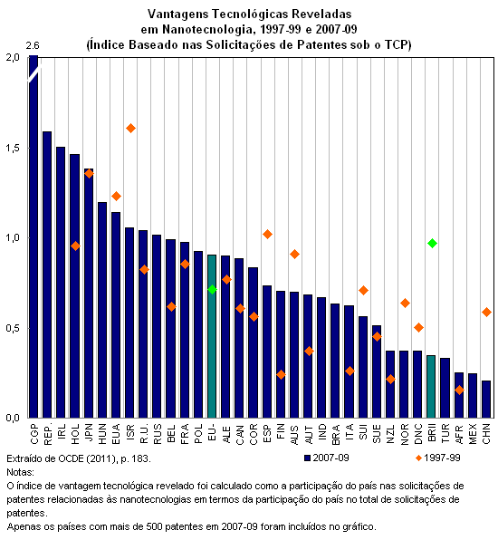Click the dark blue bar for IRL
[61, 283]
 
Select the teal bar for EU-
[212, 336]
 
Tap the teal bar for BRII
[431, 387]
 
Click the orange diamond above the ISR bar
[130, 128]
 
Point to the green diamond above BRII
[432, 243]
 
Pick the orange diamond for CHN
[486, 312]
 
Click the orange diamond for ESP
[267, 234]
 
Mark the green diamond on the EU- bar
[213, 289]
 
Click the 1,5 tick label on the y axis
[13, 148]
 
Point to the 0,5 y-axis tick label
[13, 328]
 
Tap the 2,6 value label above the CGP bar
[33, 45]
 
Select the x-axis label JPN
[89, 432]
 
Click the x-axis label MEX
[473, 433]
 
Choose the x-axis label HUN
[102, 433]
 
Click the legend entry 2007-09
[327, 458]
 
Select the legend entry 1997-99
[438, 458]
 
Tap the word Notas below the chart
[20, 472]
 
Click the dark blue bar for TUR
[445, 388]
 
